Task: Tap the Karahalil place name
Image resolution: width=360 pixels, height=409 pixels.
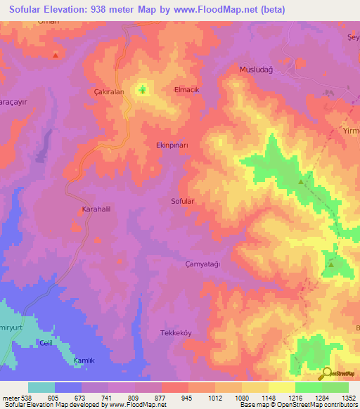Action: click(x=98, y=209)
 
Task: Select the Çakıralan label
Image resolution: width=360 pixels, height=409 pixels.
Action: click(x=109, y=91)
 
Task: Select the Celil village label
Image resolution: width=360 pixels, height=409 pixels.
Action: click(x=46, y=342)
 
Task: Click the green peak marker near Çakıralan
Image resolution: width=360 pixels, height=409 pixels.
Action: click(x=143, y=89)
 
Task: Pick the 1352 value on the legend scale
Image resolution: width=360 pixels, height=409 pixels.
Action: click(x=349, y=397)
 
